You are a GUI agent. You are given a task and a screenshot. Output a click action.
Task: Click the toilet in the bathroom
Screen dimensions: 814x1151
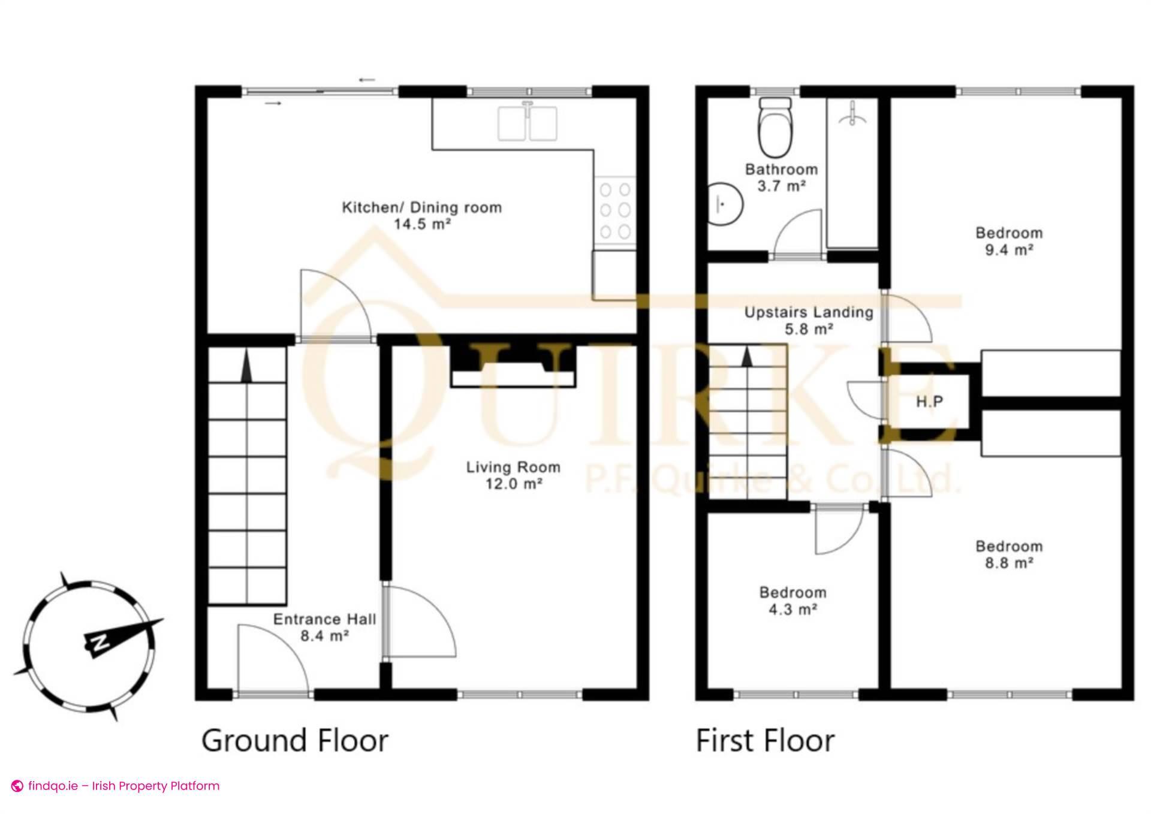click(776, 128)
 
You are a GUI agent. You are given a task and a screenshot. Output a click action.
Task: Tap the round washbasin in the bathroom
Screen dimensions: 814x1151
click(724, 204)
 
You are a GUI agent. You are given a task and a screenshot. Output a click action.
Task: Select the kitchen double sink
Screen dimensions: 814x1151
click(527, 123)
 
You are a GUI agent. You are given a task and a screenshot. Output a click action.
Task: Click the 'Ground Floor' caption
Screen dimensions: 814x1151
click(295, 741)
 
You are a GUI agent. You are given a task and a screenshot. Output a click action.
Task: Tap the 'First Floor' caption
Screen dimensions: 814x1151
click(765, 741)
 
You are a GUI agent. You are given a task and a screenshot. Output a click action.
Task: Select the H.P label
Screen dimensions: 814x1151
click(929, 402)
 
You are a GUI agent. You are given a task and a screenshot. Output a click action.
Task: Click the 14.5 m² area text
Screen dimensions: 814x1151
click(422, 225)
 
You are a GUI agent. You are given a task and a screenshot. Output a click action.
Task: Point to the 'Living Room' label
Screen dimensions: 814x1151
click(513, 467)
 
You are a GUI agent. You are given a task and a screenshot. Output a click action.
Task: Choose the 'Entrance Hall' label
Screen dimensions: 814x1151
click(324, 619)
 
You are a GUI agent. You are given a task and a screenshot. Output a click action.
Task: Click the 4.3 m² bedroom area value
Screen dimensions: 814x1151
click(793, 610)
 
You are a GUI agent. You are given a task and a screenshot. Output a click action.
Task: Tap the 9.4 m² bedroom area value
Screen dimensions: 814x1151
click(1009, 250)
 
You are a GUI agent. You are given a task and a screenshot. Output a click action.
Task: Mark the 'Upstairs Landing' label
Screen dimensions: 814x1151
click(809, 312)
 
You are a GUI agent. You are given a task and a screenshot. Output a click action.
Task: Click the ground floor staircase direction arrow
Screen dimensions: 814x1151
click(246, 367)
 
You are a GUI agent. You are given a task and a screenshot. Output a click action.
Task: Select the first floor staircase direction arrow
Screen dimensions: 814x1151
click(747, 357)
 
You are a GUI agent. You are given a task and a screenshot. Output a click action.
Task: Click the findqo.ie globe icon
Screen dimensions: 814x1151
click(17, 786)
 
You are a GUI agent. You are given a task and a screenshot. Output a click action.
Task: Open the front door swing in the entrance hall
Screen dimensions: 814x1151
click(273, 659)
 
